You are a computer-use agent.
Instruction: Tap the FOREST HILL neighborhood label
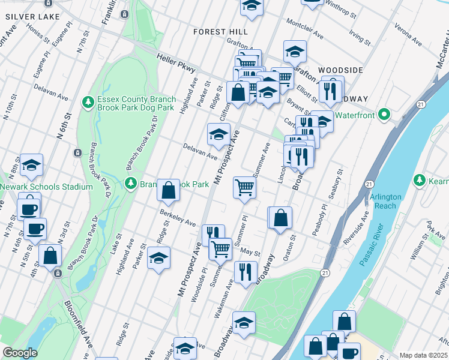(221, 32)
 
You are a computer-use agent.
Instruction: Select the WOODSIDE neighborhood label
(340, 70)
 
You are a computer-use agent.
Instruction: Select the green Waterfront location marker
(385, 115)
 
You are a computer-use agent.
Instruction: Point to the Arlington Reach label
(383, 202)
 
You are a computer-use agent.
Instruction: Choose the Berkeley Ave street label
(178, 218)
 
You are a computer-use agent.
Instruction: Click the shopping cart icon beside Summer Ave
(245, 188)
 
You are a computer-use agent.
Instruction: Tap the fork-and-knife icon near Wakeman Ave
(245, 271)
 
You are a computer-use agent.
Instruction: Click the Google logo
(20, 353)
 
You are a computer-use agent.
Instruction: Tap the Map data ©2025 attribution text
(423, 355)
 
